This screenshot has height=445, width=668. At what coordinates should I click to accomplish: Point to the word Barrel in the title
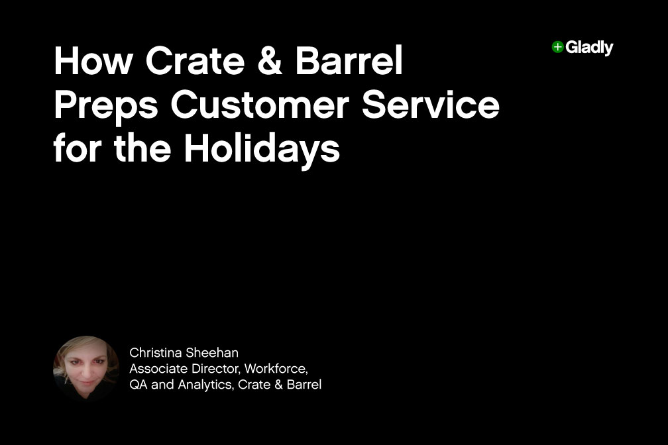pyautogui.click(x=349, y=62)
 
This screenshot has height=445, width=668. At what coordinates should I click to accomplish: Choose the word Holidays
pyautogui.click(x=262, y=150)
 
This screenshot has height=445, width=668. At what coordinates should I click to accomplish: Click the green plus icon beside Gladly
pyautogui.click(x=557, y=47)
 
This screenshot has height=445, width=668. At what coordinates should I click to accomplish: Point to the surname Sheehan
pyautogui.click(x=214, y=353)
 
